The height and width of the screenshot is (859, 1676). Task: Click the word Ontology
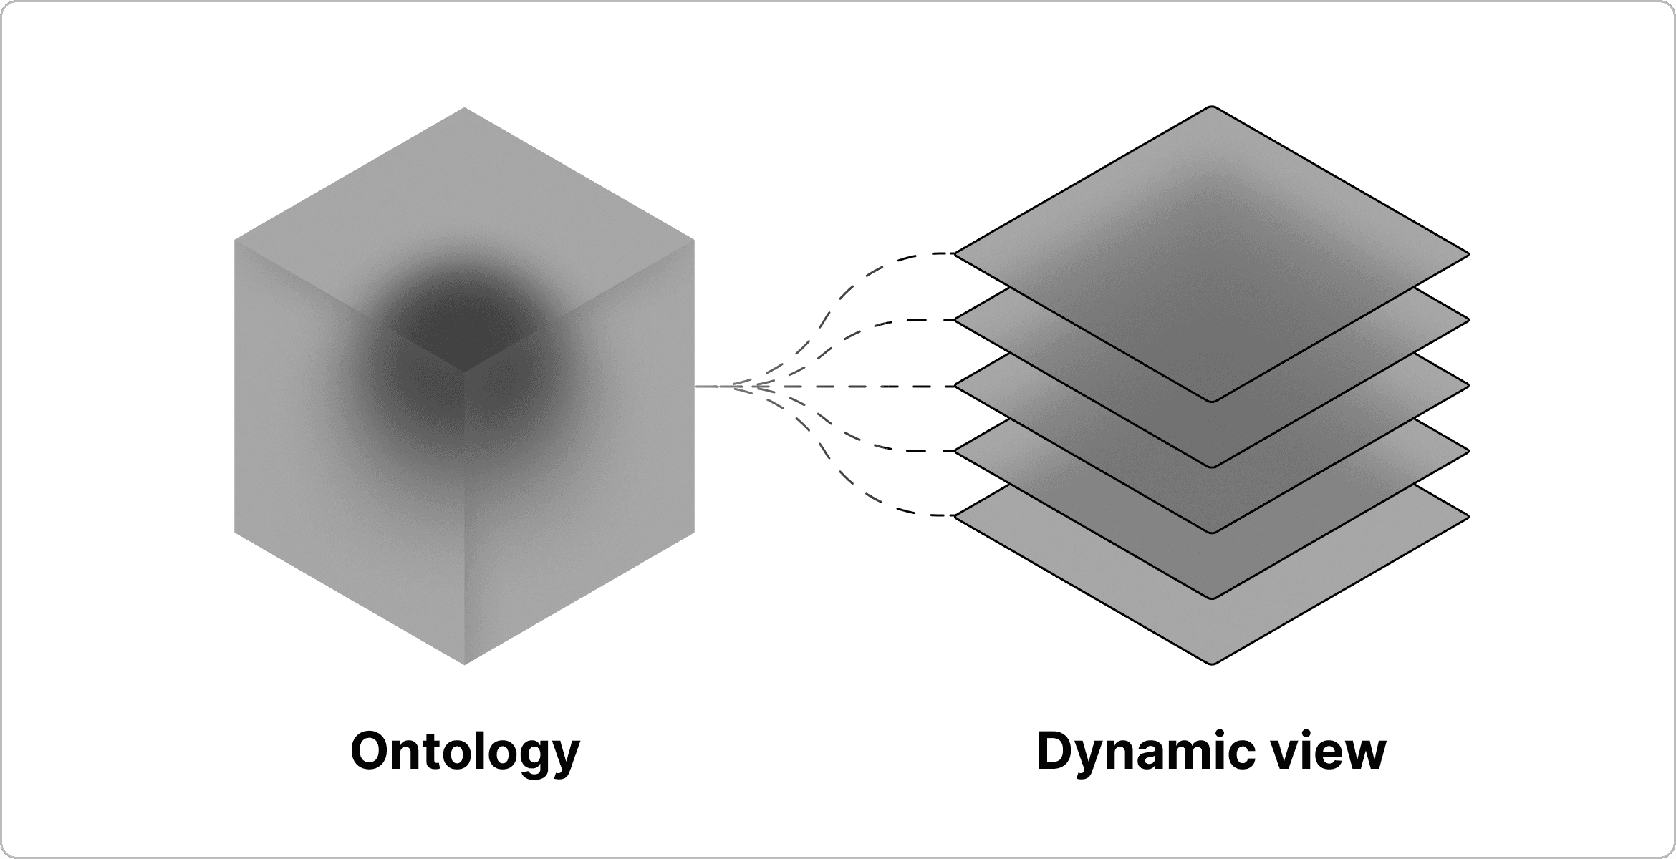(465, 752)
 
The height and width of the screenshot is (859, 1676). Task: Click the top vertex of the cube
(464, 108)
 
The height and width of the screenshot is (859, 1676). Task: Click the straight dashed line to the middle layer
(859, 387)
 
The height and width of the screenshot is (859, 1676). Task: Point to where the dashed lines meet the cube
(698, 387)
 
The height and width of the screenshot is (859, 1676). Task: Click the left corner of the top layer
(957, 253)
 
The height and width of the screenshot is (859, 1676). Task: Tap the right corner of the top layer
(1468, 254)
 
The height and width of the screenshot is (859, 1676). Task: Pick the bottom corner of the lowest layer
(1212, 663)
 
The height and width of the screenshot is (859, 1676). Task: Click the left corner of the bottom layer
(957, 515)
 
